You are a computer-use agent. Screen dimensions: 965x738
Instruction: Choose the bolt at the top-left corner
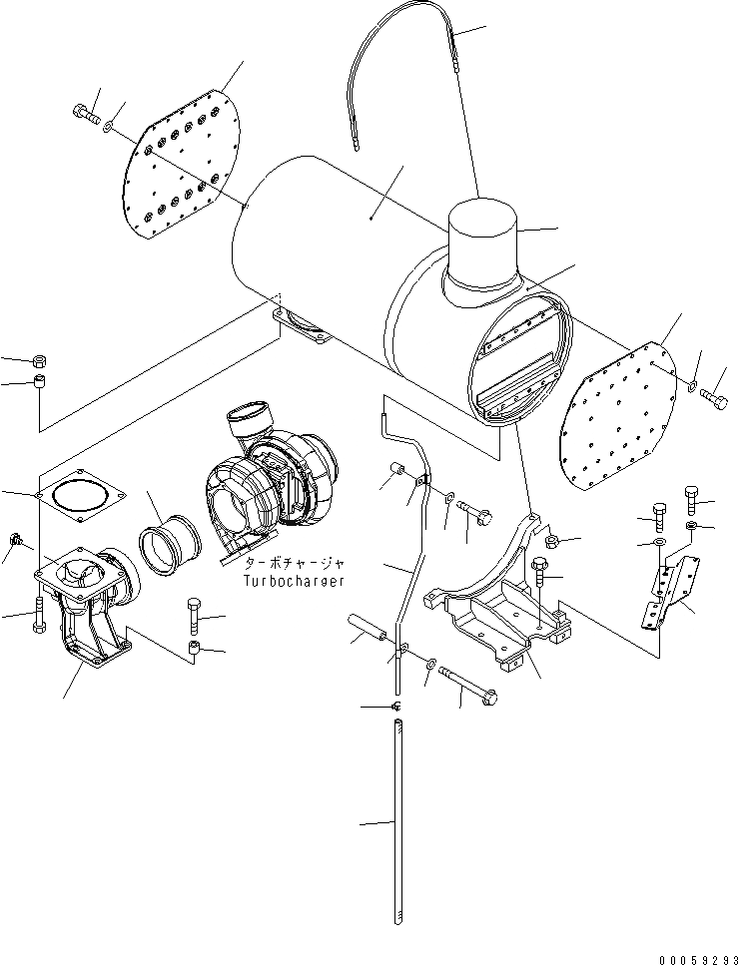83,114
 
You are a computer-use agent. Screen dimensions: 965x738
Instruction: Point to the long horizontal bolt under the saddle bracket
467,687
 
